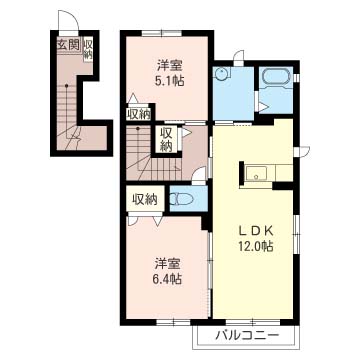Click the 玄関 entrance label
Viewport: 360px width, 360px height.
tap(68, 45)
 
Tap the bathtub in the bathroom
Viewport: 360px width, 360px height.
tap(276, 78)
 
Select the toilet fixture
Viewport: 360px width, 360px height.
tap(182, 199)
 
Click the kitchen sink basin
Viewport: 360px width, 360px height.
tap(256, 173)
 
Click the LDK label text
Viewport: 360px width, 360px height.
tap(255, 231)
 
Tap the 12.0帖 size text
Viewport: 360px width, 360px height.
tap(256, 247)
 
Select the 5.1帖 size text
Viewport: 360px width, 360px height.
tap(170, 81)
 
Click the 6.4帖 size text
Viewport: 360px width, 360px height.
tap(168, 279)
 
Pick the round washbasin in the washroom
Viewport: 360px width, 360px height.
tap(220, 74)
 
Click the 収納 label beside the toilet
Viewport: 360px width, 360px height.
tap(145, 200)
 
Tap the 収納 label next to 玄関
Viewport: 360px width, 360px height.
tap(88, 49)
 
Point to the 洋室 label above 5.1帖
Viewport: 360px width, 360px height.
tap(170, 66)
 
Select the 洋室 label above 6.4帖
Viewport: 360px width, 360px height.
tap(167, 264)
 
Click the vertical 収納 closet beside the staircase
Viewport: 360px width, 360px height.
tap(166, 140)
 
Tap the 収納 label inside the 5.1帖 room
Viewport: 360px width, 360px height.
tap(139, 114)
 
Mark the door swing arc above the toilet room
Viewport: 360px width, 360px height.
tap(199, 175)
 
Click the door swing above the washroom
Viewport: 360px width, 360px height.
tap(239, 56)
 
